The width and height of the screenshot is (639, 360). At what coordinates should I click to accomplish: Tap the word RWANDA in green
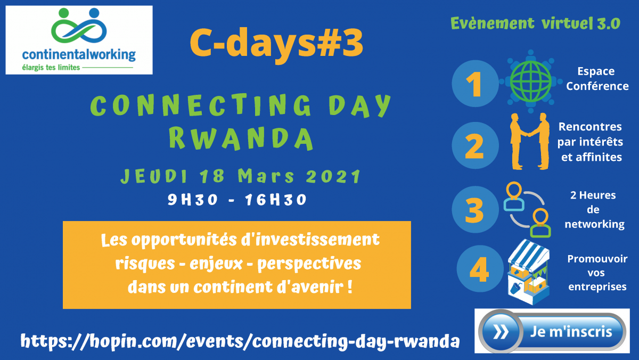pos(241,138)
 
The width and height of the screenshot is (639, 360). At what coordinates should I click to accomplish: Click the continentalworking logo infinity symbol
pos(79,26)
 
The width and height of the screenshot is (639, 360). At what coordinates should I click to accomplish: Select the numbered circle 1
pos(475,84)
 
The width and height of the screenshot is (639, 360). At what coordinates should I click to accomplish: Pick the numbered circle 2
pos(475,145)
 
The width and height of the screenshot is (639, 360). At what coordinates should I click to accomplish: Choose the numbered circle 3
pos(475,209)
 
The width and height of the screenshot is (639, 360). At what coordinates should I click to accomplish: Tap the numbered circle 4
pos(480,268)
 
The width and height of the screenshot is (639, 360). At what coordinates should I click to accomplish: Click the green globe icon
pos(530,81)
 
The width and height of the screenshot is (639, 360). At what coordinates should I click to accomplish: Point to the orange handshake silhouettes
pos(530,142)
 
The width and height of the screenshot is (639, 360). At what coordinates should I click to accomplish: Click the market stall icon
pos(529,272)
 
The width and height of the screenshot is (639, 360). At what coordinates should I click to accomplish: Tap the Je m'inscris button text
pos(571,332)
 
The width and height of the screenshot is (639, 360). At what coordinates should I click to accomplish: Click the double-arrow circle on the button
pos(501,331)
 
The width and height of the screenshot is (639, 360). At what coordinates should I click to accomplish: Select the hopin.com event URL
pos(240,341)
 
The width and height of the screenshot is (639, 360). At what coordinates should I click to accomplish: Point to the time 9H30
pos(193,199)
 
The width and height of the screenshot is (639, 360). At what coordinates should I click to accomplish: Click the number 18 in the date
pos(212,176)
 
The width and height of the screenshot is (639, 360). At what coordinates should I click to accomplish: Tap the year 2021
pos(333,176)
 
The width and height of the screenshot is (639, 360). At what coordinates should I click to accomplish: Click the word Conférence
pos(597,86)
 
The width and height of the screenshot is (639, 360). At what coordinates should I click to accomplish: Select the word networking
pos(594,224)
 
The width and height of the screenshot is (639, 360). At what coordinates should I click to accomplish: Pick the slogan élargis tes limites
pos(51,68)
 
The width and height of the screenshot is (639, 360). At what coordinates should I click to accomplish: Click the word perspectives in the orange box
pos(309,264)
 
